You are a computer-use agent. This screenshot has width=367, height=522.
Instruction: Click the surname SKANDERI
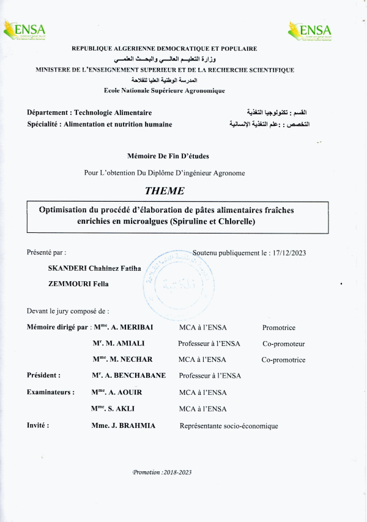68,268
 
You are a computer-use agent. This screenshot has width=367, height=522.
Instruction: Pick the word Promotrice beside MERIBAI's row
279,328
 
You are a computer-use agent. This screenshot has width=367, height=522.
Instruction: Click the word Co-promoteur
283,344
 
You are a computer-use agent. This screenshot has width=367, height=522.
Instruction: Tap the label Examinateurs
51,392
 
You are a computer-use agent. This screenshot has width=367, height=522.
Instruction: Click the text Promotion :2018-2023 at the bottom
162,472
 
